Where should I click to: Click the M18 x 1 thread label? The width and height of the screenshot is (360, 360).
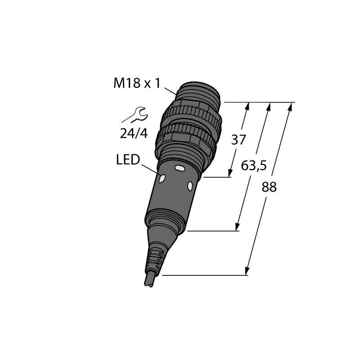137,83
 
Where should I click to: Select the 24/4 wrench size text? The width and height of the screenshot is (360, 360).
134,133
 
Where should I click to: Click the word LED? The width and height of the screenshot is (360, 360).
128,160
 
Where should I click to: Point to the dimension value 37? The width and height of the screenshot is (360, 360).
238,139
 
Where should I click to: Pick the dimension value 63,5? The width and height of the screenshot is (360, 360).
254,166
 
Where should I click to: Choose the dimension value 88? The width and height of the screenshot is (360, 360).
269,187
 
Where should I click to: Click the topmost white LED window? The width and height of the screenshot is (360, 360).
180,168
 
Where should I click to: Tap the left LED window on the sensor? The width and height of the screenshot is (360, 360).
162,178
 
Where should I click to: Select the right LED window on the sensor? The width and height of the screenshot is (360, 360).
190,186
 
